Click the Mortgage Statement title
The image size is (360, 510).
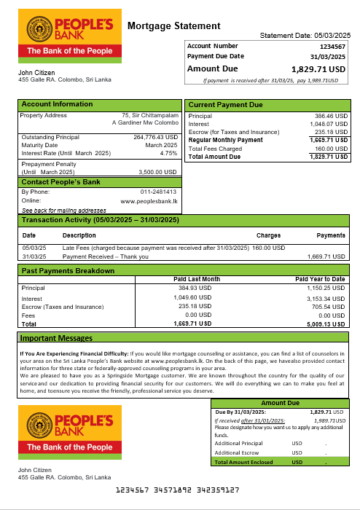coord(173,26)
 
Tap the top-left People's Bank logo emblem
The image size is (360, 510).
coord(41,29)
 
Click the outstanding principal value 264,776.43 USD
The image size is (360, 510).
coord(155,137)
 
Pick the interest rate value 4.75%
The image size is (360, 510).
coord(168,153)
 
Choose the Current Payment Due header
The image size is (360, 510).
coord(225,105)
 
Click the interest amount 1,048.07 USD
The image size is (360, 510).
coord(329,124)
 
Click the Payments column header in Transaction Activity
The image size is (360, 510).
coord(331,235)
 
